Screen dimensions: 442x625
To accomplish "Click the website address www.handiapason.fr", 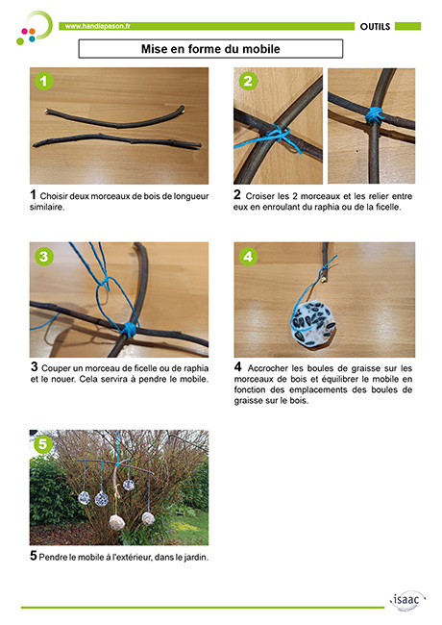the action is tap(98, 26).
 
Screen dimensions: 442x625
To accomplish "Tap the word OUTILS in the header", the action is tap(375, 27).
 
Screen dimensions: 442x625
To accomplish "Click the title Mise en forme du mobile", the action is tap(210, 49).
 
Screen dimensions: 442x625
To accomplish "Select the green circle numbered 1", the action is tap(44, 81).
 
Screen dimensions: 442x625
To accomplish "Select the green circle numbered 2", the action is tap(248, 81).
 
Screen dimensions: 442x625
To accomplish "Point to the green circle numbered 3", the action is tap(44, 257).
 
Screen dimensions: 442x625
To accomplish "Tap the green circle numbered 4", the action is tap(248, 257).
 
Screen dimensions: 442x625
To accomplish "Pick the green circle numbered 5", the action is tap(42, 443).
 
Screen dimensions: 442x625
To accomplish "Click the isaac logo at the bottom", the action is tap(407, 601).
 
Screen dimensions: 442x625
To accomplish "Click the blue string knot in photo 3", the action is tap(128, 329).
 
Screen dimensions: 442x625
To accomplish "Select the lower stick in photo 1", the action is tap(117, 140).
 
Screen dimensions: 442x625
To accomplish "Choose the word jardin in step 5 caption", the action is tap(195, 558).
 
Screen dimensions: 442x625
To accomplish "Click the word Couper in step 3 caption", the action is tap(55, 368).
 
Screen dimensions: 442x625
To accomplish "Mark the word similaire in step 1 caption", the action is tap(46, 208).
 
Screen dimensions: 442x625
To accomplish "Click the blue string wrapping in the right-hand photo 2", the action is tap(375, 114).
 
